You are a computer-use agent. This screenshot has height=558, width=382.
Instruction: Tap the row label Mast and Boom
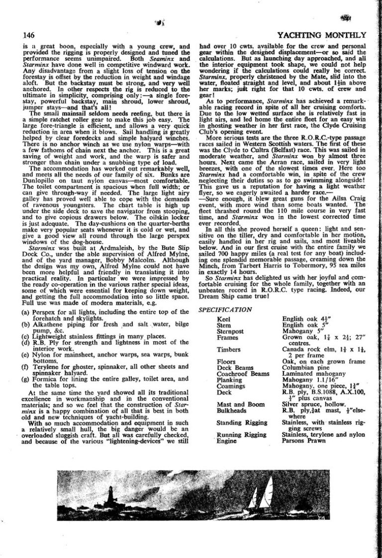241,404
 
